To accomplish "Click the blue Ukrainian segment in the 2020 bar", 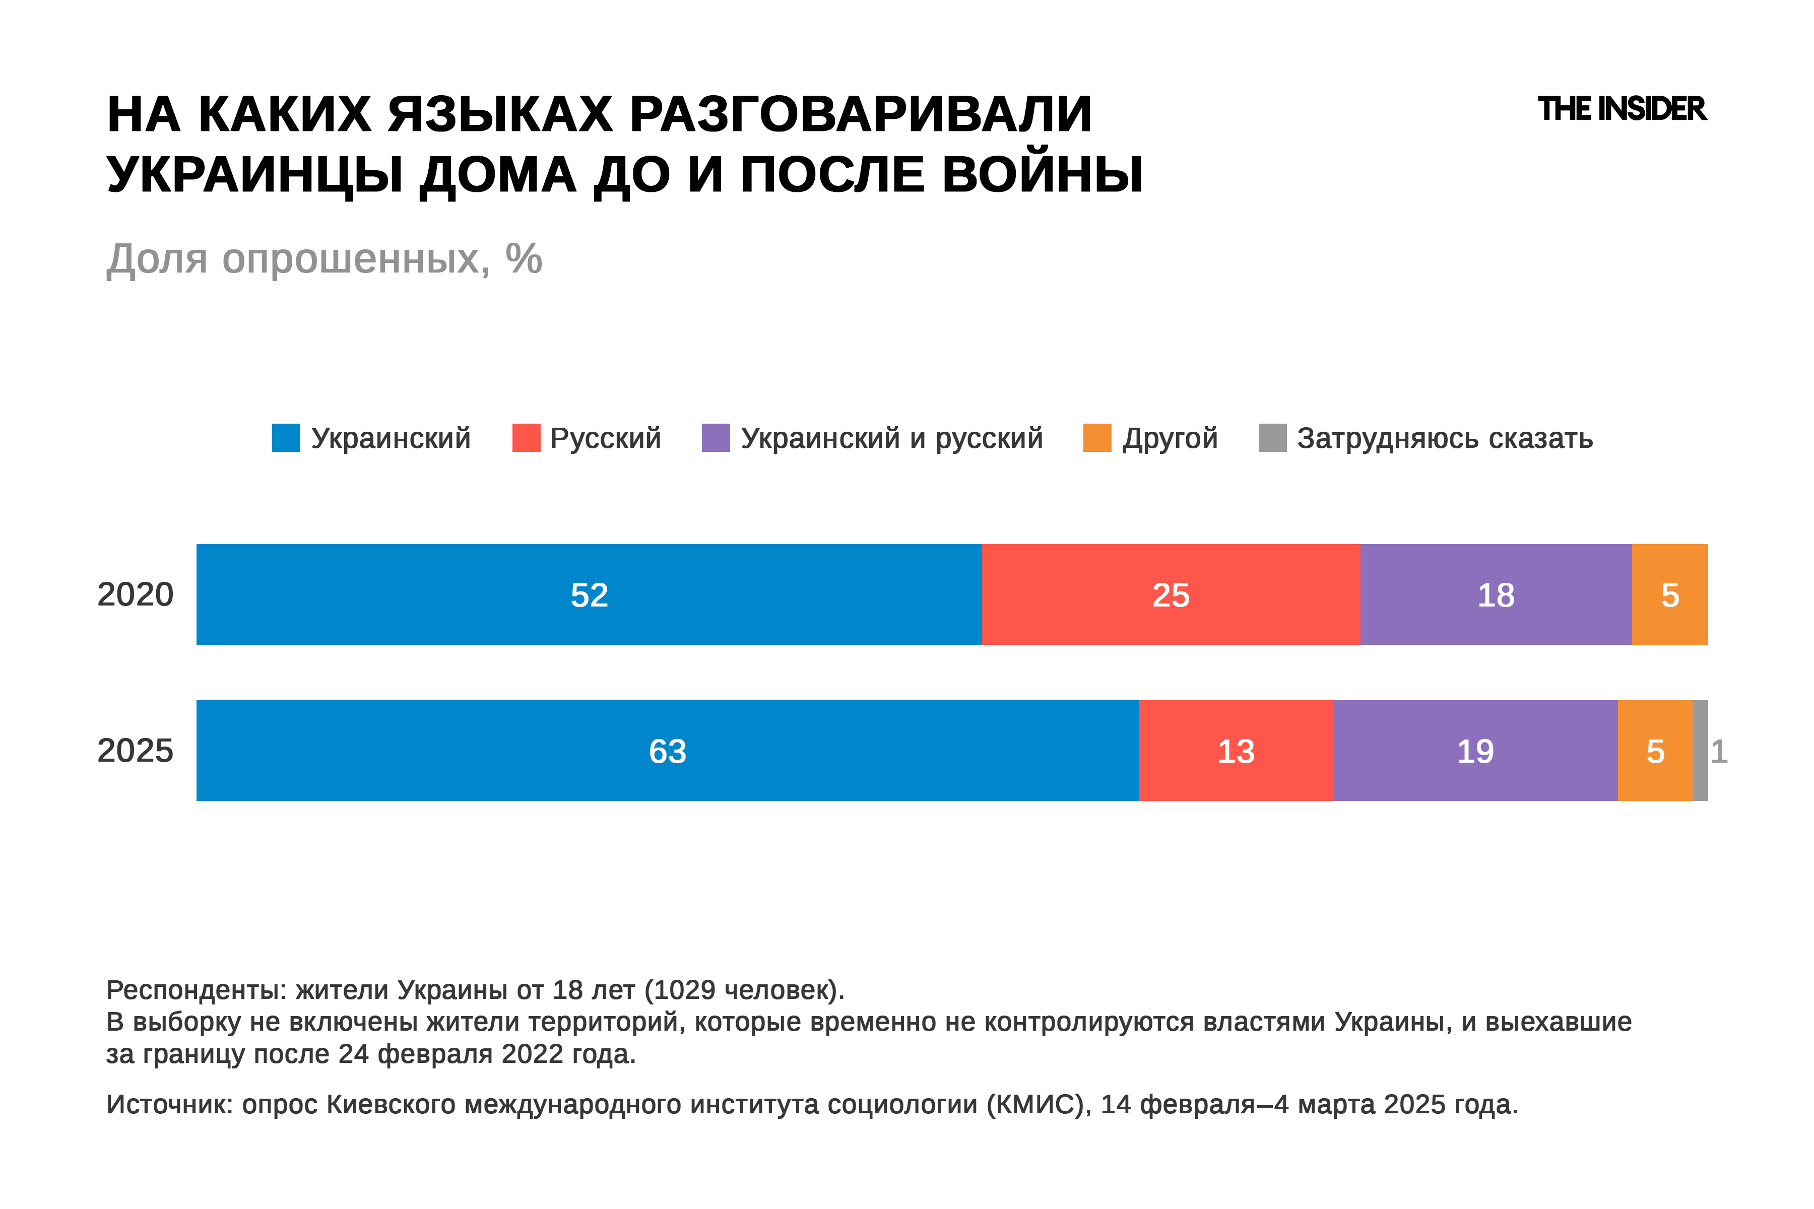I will (589, 594).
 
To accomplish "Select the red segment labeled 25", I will (1170, 594).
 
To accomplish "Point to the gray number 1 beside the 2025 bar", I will (1719, 751).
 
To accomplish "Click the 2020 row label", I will (135, 594).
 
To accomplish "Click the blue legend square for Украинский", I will (286, 437).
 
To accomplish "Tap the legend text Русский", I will (606, 438).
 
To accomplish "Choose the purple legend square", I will (716, 437).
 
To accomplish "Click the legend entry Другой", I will (1169, 438).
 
